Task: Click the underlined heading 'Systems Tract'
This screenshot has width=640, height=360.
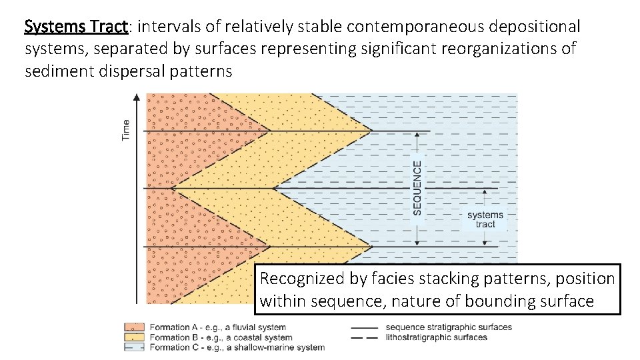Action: click(75, 27)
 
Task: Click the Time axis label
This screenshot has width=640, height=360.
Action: click(126, 129)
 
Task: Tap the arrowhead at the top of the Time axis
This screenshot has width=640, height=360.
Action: click(137, 97)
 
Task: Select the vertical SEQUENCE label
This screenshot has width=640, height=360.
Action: click(417, 187)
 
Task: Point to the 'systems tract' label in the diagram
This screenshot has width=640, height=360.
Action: click(485, 219)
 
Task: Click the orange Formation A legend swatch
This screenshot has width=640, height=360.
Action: click(134, 327)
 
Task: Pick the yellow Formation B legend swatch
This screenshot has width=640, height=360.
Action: click(134, 337)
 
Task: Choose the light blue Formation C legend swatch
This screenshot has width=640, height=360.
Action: click(134, 347)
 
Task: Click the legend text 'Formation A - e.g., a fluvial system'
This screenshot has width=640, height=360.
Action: click(217, 327)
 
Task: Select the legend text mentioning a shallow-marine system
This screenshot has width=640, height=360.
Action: click(237, 347)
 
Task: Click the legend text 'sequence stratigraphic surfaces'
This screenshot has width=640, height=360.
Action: click(449, 327)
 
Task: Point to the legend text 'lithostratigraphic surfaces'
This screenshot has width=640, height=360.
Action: click(436, 337)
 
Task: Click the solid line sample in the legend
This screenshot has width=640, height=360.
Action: click(363, 327)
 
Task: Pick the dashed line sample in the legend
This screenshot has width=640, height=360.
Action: click(363, 337)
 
